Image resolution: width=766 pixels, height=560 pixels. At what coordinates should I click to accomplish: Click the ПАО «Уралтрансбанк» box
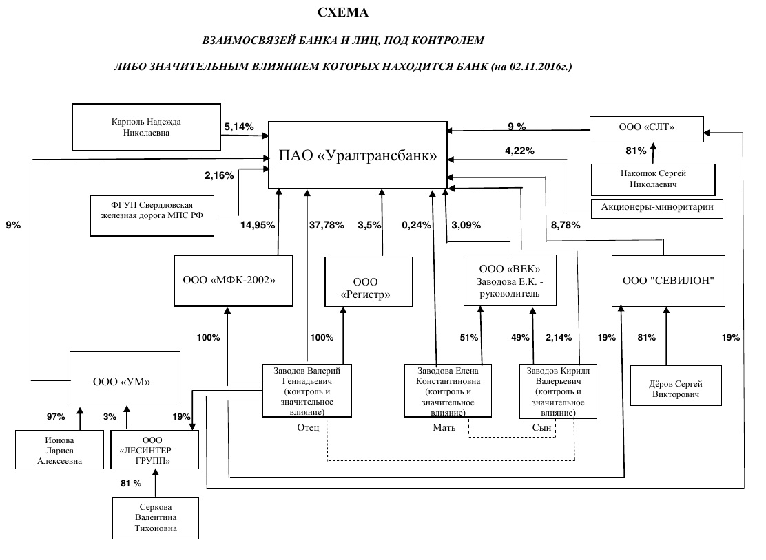coord(358,155)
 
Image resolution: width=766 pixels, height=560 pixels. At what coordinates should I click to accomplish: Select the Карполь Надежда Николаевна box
coord(146,127)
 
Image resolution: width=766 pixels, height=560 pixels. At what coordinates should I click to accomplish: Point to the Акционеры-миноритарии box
coord(657,207)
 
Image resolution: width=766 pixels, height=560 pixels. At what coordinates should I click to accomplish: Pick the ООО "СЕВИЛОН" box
coord(667,280)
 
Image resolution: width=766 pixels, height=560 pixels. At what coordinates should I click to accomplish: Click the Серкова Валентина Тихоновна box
coord(156,517)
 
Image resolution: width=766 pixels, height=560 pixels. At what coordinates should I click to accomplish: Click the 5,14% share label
coord(239,127)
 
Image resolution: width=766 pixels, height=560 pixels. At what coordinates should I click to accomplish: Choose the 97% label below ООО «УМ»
coord(56,416)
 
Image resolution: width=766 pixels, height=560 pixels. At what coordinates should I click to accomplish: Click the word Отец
coord(308,427)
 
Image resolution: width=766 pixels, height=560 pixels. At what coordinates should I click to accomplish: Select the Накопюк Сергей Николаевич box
coord(653,179)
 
